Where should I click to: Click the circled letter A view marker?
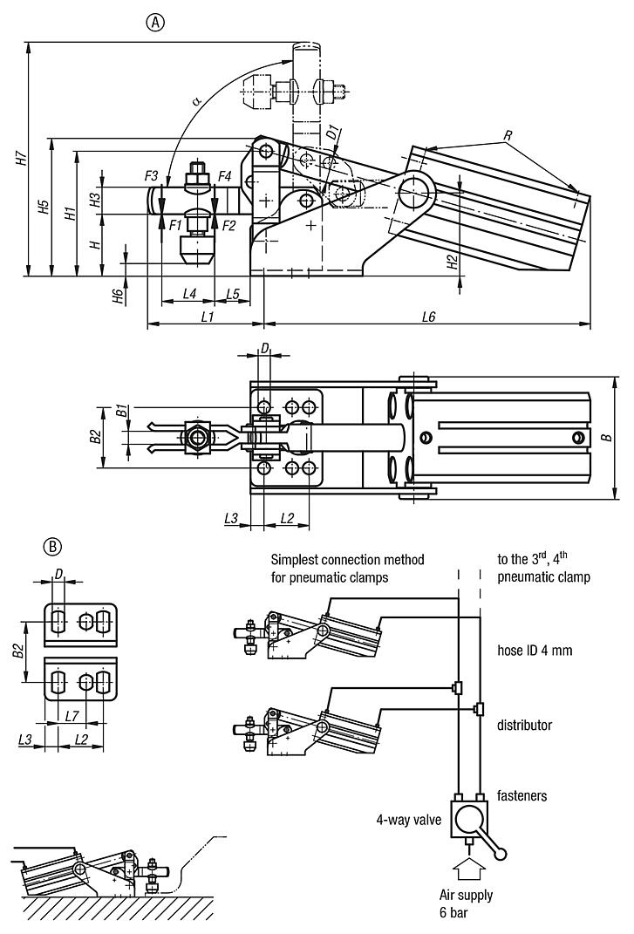pyautogui.click(x=154, y=24)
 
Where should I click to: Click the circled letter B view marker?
pyautogui.click(x=53, y=547)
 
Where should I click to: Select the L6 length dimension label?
pyautogui.click(x=427, y=317)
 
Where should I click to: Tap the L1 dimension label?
pyautogui.click(x=208, y=317)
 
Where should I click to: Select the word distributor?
pyautogui.click(x=524, y=725)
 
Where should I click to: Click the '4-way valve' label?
pyautogui.click(x=406, y=819)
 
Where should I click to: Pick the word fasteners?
pyautogui.click(x=522, y=795)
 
